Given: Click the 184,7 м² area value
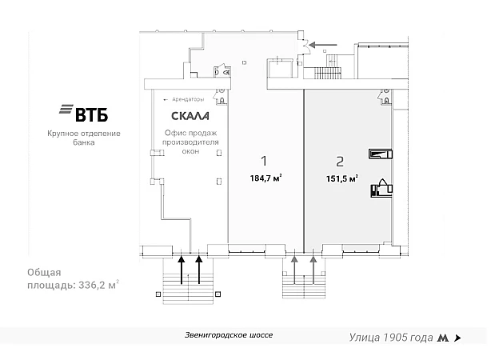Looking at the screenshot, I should (265, 178).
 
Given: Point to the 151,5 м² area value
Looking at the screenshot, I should (341, 178).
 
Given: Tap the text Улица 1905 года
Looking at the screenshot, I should (391, 338).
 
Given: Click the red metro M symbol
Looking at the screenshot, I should (442, 338).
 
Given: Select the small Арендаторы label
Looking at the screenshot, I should (186, 99).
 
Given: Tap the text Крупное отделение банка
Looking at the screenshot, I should (82, 138).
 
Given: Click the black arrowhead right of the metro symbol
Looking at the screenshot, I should (457, 338).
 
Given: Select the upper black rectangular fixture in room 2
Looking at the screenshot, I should (379, 154).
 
